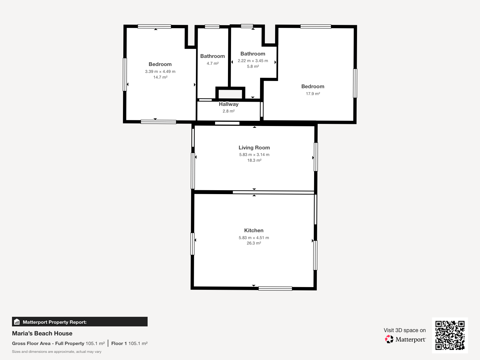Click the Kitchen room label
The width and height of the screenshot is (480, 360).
[x=254, y=230]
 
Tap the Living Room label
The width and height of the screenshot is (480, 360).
[x=254, y=148]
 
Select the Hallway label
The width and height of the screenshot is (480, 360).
[x=229, y=104]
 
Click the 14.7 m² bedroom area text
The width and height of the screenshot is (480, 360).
[x=160, y=77]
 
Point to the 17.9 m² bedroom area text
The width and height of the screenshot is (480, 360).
[x=313, y=94]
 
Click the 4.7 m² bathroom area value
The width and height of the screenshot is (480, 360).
[x=213, y=63]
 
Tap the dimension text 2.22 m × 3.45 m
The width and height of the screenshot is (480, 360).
[x=253, y=61]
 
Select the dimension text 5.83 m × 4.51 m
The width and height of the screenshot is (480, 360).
[x=254, y=238]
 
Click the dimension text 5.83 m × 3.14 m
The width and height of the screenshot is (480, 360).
[x=254, y=154]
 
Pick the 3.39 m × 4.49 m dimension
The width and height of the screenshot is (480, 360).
[x=160, y=71]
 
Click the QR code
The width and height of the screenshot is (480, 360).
[x=450, y=335]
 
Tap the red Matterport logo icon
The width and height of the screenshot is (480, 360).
[x=389, y=339]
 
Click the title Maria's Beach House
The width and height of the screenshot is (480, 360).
[x=42, y=333]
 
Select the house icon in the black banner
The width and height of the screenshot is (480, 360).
[x=17, y=322]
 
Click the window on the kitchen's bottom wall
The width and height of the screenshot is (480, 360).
[x=275, y=289]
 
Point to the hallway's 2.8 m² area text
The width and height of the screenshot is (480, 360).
[x=229, y=111]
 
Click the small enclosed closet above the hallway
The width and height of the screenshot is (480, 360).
[x=230, y=94]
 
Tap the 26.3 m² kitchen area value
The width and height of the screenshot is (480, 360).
[x=254, y=243]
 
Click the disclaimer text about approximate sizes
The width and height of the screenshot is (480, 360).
[x=57, y=352]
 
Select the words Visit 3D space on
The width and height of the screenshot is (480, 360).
[x=405, y=330]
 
